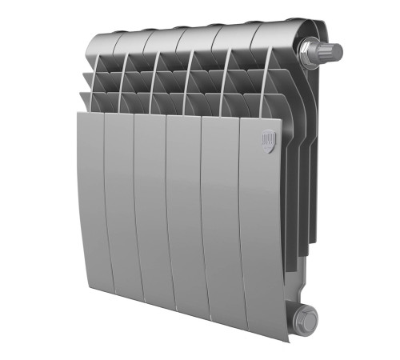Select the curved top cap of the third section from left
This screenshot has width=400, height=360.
click(x=164, y=36)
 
